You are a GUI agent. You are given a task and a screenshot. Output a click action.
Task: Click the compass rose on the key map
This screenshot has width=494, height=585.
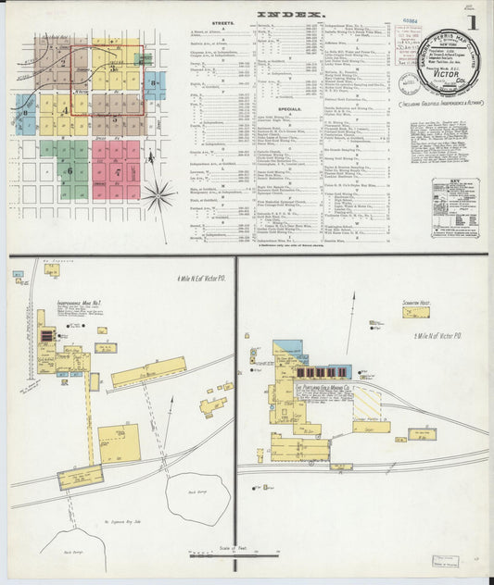coord(160,195)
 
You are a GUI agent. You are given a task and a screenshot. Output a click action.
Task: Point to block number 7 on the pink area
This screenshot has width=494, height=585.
coord(118,172)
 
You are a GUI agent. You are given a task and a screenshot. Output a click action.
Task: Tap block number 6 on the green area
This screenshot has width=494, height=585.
coord(68,170)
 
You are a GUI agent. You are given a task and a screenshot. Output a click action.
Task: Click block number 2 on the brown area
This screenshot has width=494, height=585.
coord(62,64)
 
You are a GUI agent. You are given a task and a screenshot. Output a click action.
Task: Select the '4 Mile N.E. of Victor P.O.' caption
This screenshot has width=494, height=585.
coord(200,279)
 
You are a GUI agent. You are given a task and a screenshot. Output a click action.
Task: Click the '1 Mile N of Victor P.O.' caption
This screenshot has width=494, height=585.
coord(438,336)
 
